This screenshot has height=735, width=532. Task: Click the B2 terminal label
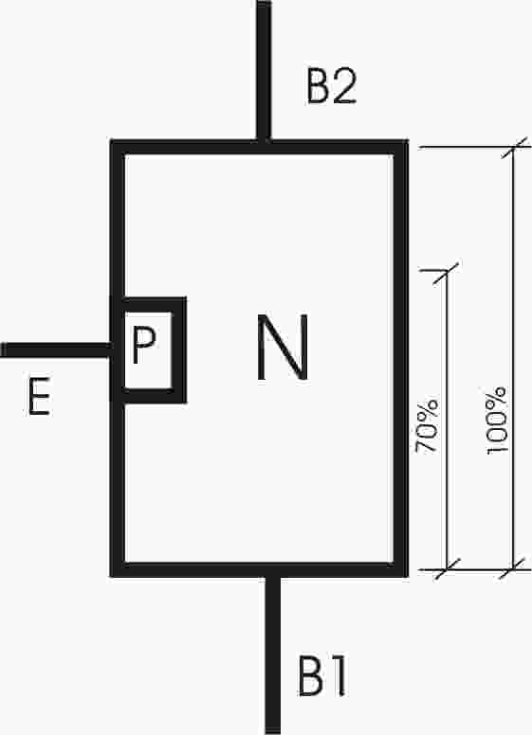pos(332,86)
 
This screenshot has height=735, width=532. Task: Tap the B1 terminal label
pos(322,675)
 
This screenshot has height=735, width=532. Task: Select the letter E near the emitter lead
pos(39,397)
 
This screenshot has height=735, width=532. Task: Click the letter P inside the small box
pos(143,345)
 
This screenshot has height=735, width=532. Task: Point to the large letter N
pos(283,347)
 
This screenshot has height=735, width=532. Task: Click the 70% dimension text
pos(428,426)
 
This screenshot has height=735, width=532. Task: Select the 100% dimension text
pos(496,421)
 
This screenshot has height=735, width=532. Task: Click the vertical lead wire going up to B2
pos(265,70)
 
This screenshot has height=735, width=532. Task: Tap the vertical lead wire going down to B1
pos(272,654)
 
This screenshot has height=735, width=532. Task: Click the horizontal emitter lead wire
pos(56,350)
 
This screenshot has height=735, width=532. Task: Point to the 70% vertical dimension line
pos(446,421)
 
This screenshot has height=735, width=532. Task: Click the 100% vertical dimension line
pos(513,359)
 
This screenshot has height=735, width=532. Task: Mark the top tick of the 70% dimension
pos(445,273)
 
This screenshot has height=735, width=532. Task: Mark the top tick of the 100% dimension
pos(513,148)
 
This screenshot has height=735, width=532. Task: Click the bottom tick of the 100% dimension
pos(512,569)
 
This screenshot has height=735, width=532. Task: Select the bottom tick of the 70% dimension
pos(447,569)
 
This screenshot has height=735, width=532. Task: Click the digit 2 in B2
pos(346,86)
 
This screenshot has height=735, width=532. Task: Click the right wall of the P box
pos(179,350)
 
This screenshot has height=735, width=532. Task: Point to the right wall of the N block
pos(400,359)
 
